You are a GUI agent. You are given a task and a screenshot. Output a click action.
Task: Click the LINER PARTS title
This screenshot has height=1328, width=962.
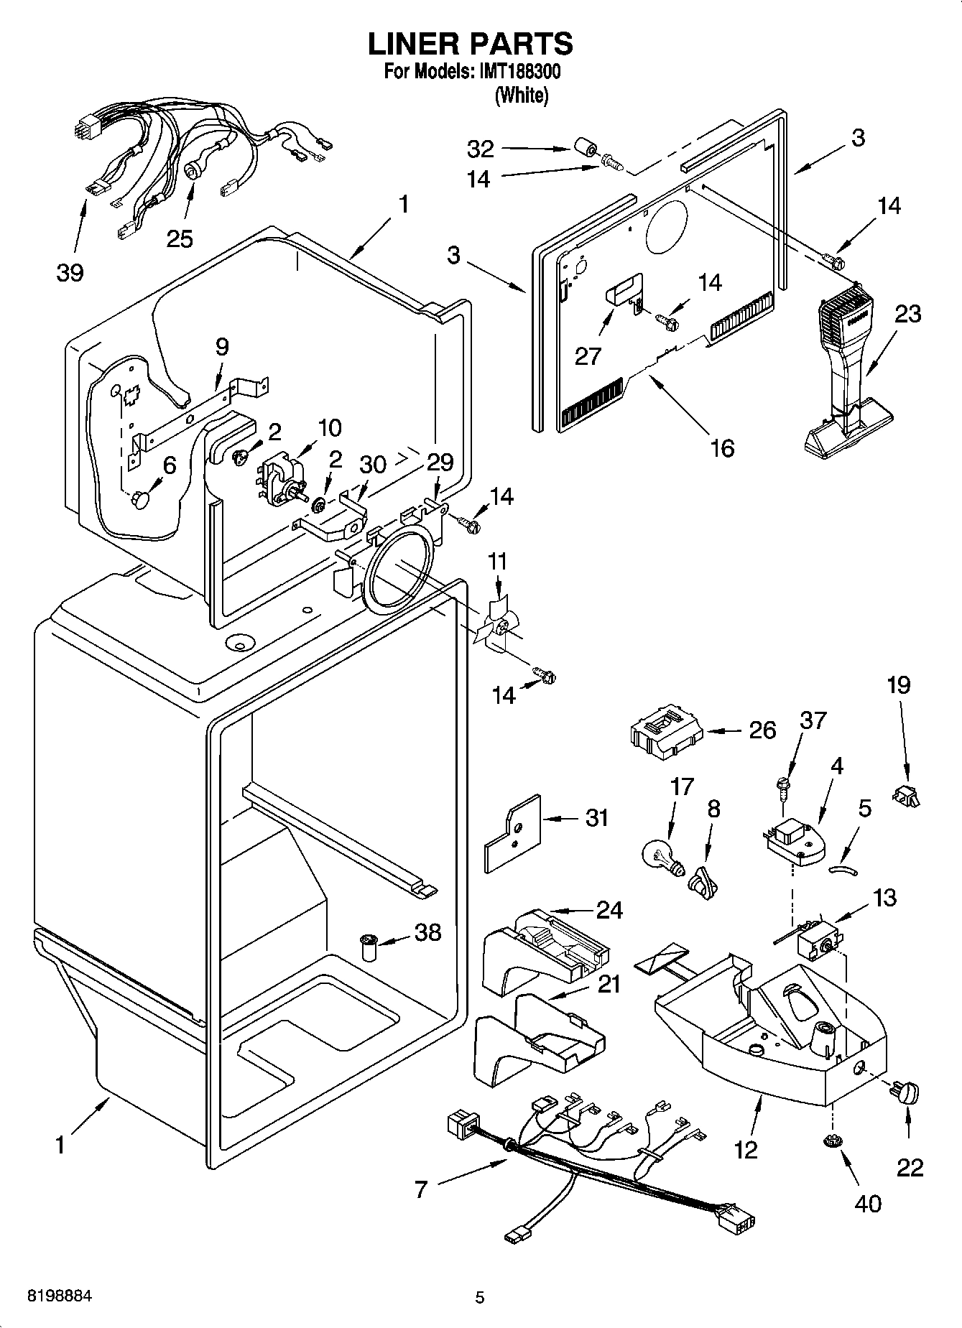point(471,45)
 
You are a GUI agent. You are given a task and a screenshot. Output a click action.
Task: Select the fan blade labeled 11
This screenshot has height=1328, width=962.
point(495,624)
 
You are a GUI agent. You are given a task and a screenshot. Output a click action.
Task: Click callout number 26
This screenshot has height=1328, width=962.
point(762,730)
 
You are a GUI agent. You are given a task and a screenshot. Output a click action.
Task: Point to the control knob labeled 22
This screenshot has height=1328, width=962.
point(907,1094)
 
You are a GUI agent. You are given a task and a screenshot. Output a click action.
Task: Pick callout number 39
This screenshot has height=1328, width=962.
point(70,272)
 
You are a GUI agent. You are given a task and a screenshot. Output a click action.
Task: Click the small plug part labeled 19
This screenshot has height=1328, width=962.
point(906,795)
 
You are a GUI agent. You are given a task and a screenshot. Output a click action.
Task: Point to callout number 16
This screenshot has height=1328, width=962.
point(721,447)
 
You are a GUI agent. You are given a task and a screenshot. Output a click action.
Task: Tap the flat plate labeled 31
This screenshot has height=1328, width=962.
point(512,832)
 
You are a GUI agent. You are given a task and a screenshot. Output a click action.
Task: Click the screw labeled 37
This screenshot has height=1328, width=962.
point(783,786)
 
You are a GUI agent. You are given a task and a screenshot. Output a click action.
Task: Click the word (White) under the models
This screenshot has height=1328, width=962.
point(521,96)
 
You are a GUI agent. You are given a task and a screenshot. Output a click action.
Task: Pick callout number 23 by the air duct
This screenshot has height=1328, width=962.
point(907,314)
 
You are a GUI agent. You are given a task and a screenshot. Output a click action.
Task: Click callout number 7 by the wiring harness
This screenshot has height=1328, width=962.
point(420,1189)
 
